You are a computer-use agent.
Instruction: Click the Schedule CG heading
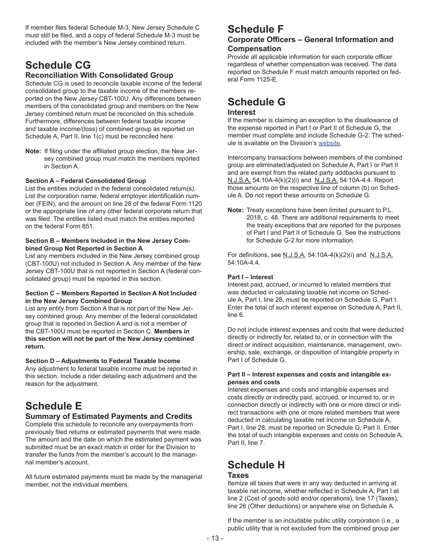(58, 65)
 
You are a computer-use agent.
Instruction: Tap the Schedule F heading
(256, 29)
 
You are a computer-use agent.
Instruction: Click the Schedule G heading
(257, 102)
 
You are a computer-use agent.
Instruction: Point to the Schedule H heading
(257, 465)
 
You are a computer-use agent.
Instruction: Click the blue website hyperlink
(329, 143)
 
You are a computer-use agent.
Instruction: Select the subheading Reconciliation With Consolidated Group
(99, 75)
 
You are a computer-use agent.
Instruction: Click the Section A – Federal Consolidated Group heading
(86, 181)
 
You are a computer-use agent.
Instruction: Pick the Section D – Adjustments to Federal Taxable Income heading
(103, 361)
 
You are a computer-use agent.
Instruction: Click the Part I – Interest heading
(250, 277)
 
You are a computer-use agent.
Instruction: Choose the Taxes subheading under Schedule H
(238, 475)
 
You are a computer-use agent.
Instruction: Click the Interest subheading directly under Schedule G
(241, 112)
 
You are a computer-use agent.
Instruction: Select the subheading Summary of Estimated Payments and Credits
(109, 416)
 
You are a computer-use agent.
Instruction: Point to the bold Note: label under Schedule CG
(33, 151)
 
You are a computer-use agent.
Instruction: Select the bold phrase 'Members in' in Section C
(172, 331)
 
